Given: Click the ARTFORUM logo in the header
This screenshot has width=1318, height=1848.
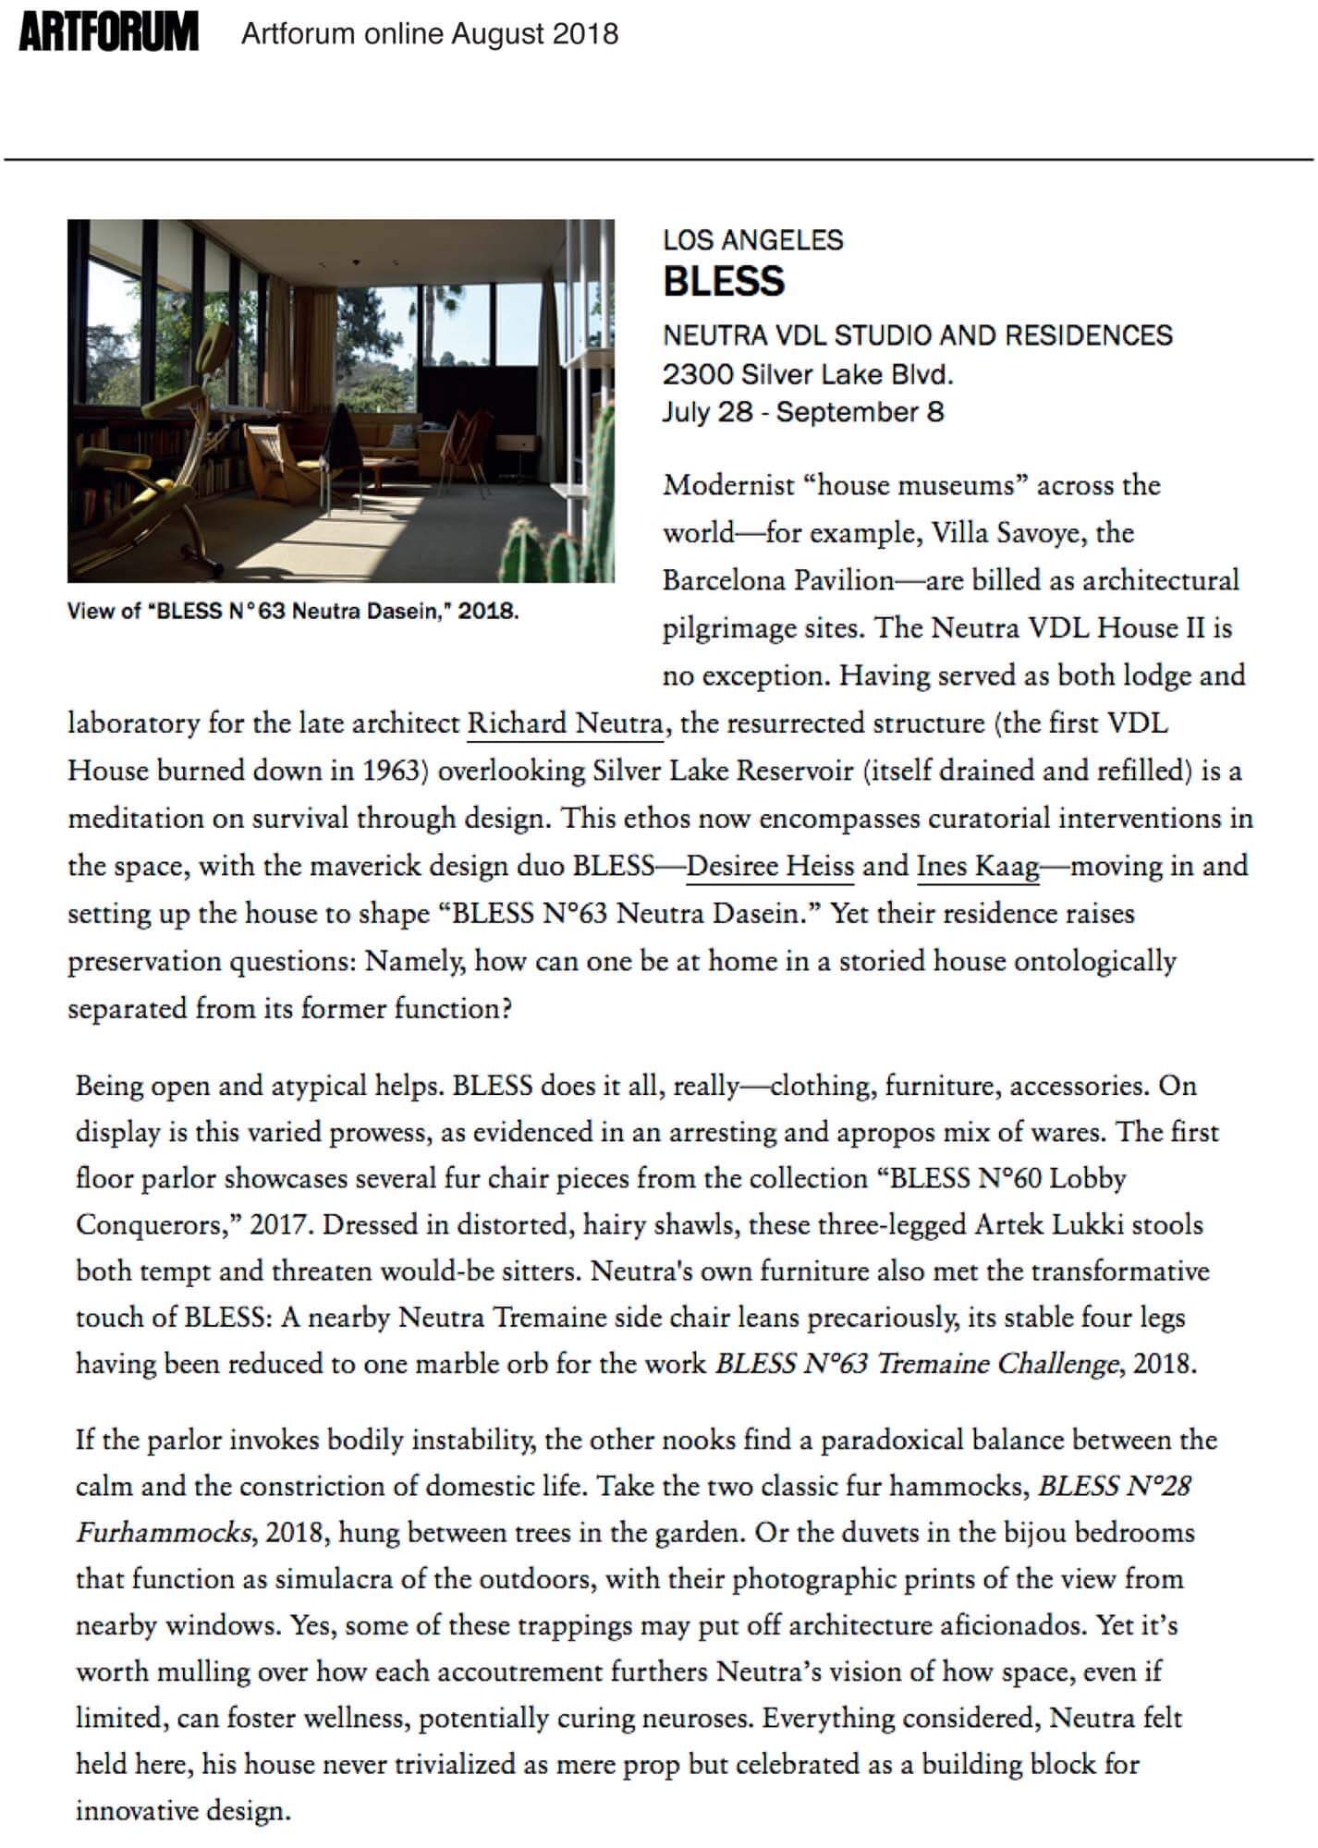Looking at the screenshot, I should coord(108,34).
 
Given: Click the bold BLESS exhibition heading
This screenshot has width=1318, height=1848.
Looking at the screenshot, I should coord(724,281).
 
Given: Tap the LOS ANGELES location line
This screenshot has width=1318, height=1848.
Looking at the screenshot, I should coord(752,240).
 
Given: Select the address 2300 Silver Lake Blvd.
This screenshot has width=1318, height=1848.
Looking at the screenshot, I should coord(807,374).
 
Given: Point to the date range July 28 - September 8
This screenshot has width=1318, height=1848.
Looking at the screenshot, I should coord(803,412).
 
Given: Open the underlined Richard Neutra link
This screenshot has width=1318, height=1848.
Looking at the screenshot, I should coord(565,723).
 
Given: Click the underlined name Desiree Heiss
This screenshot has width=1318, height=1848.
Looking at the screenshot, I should coord(770,866).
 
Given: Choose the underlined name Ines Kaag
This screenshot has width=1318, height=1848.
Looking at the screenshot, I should coord(978,866).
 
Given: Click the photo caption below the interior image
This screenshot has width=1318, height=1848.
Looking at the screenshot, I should coord(293,611).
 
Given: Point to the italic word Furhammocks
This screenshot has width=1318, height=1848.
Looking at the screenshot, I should coord(163,1533).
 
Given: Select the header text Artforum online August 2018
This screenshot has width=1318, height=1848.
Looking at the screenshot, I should coord(430,34).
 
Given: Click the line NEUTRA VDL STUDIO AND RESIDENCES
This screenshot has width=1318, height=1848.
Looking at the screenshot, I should coord(917,334).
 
